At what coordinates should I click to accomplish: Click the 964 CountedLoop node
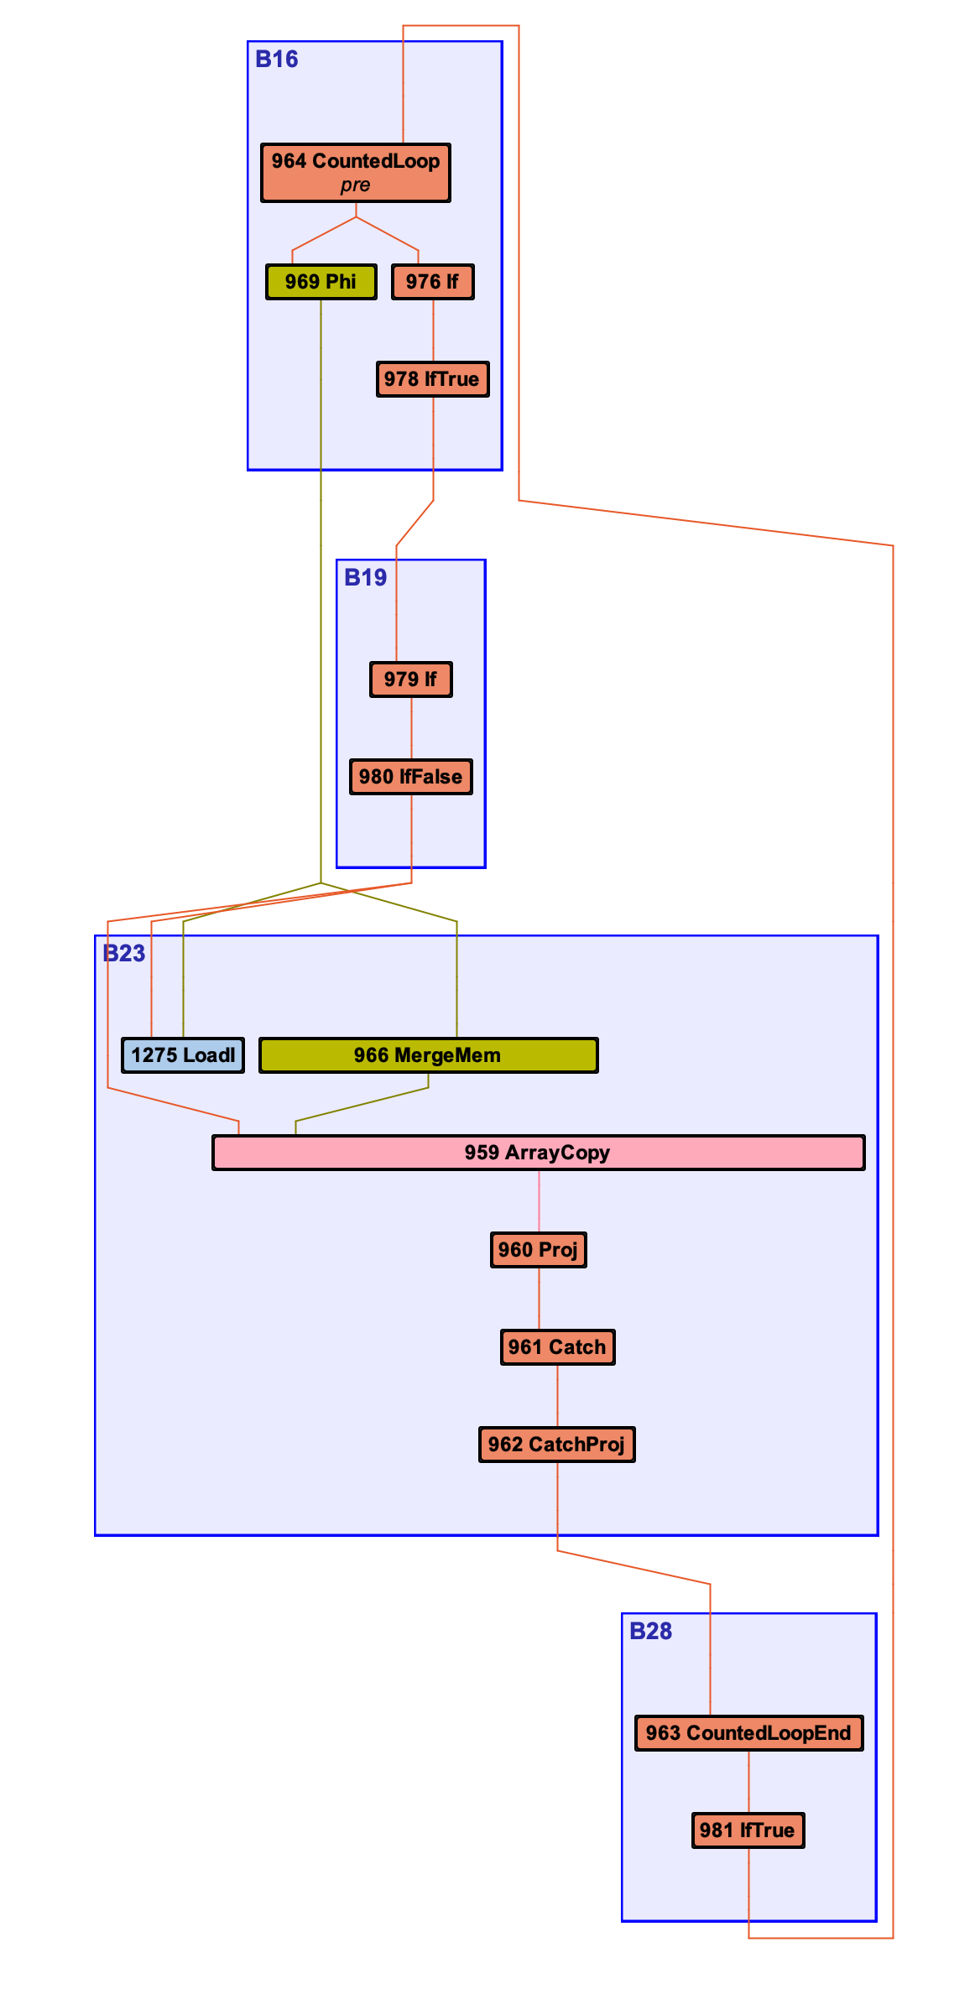[x=355, y=162]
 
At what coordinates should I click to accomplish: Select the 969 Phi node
[x=321, y=282]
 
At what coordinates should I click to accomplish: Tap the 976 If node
[x=432, y=282]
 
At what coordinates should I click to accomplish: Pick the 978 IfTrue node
[x=432, y=379]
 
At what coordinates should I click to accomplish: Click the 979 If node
[x=410, y=679]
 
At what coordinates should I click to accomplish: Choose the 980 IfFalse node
[x=410, y=777]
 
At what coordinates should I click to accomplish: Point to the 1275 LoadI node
[x=183, y=1055]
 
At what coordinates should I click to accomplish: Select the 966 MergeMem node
[x=428, y=1055]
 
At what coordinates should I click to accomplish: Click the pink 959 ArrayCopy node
[x=538, y=1153]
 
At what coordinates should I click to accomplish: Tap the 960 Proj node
[x=538, y=1250]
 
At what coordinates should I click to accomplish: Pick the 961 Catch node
[x=557, y=1347]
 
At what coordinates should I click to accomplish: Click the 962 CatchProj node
[x=557, y=1445]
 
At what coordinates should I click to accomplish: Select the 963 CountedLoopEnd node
[x=748, y=1733]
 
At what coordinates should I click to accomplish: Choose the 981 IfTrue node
[x=748, y=1830]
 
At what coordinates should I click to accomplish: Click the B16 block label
[x=277, y=60]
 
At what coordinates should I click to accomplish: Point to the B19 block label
[x=366, y=578]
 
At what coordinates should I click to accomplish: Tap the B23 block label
[x=124, y=954]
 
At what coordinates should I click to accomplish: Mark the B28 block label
[x=651, y=1632]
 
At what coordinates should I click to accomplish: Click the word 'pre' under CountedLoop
[x=355, y=185]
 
